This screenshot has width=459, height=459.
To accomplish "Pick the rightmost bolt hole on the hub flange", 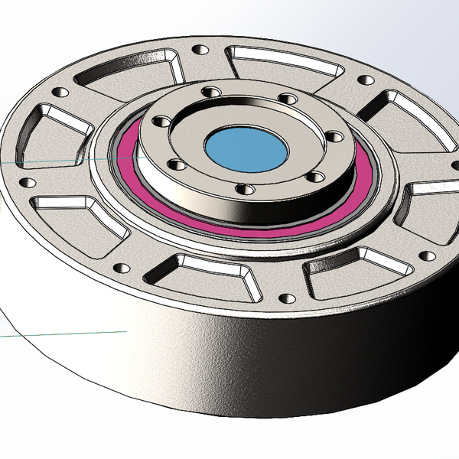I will tap(334, 137).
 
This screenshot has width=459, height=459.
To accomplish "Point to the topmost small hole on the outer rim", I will tap(200, 50).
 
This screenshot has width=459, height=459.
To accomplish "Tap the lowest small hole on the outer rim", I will tap(287, 298).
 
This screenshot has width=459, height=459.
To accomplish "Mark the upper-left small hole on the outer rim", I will tap(56, 93).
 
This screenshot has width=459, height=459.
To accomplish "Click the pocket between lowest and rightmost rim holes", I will tap(352, 272).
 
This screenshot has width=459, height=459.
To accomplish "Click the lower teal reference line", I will tap(61, 334).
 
